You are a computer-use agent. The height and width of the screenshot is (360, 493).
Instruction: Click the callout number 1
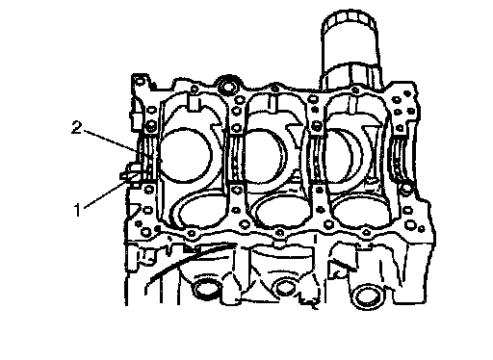[x=77, y=210]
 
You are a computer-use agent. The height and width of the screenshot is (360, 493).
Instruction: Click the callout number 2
[x=76, y=127]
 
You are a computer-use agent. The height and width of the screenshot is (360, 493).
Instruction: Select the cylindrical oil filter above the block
[x=351, y=50]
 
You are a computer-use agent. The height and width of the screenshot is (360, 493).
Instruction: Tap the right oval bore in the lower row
[x=360, y=213]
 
